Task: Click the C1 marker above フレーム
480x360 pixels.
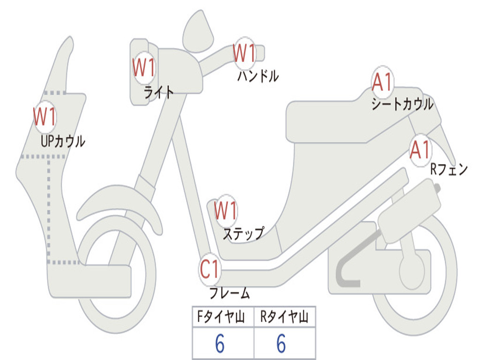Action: pyautogui.click(x=210, y=269)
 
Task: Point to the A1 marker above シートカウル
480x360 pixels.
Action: pyautogui.click(x=382, y=82)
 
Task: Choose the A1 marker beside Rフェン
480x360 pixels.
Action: pyautogui.click(x=420, y=150)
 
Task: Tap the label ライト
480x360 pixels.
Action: pyautogui.click(x=158, y=92)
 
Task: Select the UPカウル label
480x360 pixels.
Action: pyautogui.click(x=63, y=141)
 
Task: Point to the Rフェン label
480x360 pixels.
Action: pyautogui.click(x=449, y=170)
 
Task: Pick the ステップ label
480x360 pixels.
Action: pyautogui.click(x=243, y=233)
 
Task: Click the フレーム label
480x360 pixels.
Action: pyautogui.click(x=230, y=293)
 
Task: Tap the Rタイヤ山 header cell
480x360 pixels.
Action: pyautogui.click(x=285, y=317)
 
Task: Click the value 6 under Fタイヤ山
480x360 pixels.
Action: pyautogui.click(x=220, y=344)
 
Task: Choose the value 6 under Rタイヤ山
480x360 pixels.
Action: pyautogui.click(x=281, y=344)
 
